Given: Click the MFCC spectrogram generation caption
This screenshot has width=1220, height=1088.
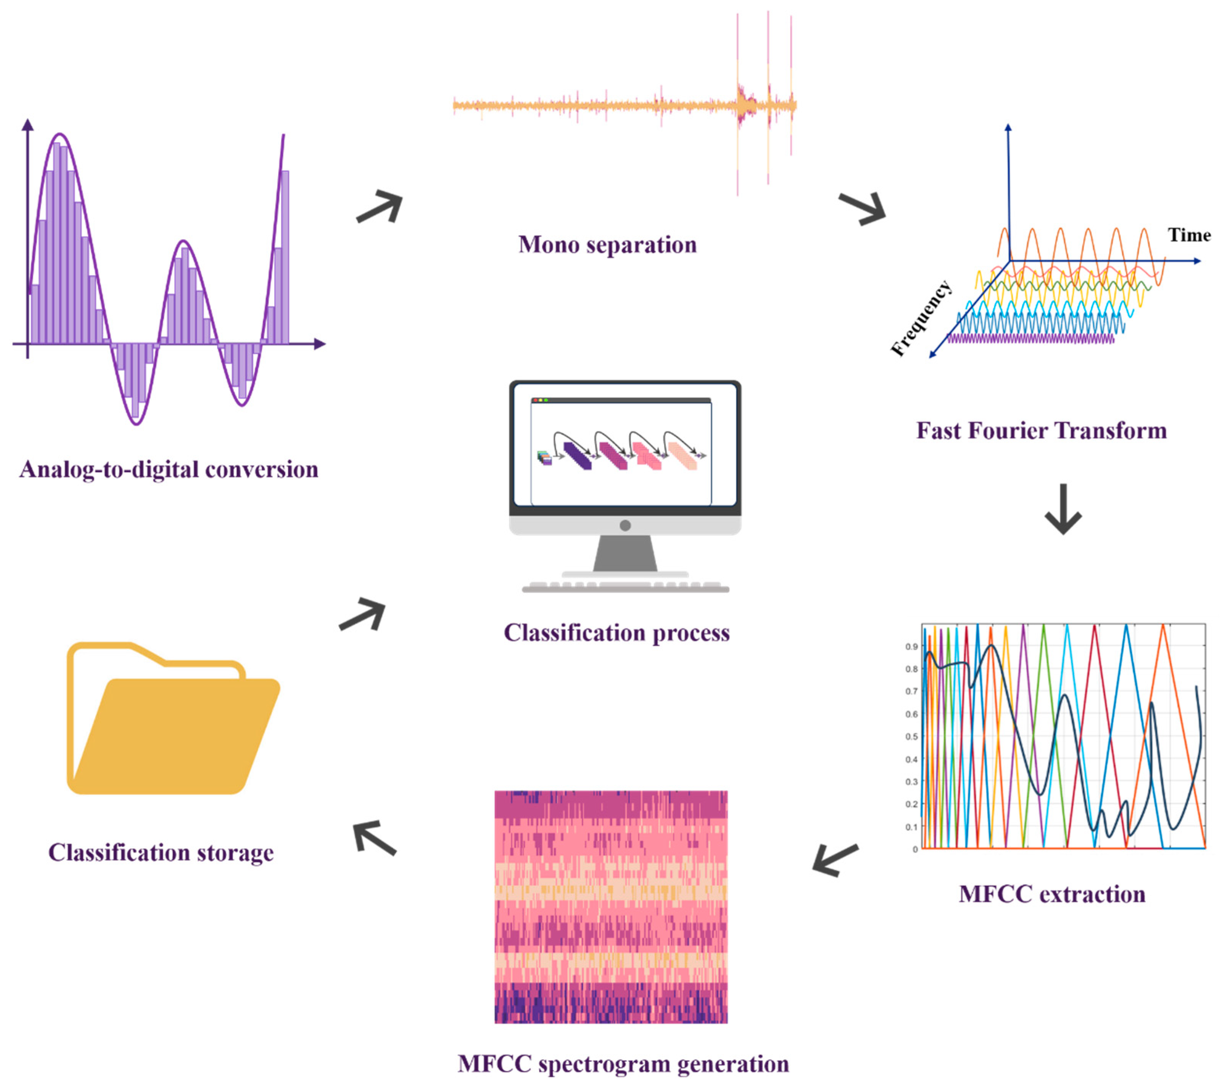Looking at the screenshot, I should (623, 1064).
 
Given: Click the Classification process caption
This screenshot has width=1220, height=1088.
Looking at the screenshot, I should (616, 633).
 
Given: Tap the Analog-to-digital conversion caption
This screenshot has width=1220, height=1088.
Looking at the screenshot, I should (169, 469).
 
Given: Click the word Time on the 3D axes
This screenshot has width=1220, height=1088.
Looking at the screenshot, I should (1189, 235).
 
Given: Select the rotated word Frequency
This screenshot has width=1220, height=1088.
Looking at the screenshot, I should (921, 318).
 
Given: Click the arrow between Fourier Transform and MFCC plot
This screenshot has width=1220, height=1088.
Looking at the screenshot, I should (1063, 509).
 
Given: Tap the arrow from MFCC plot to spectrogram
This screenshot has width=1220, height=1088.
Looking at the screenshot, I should (835, 859).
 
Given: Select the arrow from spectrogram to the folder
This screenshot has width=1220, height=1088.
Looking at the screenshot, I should (374, 837).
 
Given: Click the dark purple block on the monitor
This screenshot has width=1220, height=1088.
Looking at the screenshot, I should (577, 455).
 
